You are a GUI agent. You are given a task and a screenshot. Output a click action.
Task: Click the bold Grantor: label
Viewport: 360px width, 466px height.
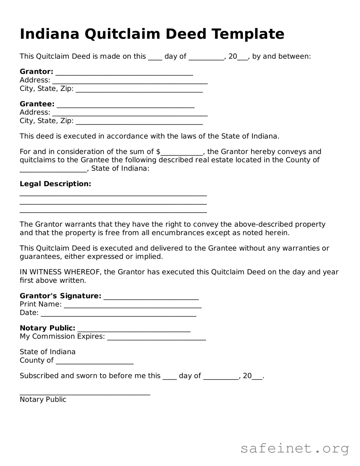36,71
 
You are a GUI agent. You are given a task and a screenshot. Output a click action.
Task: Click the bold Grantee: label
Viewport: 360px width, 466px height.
37,104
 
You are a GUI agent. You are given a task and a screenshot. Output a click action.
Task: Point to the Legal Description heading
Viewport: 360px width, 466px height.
55,184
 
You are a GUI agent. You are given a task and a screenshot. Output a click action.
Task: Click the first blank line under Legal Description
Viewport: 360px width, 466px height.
113,194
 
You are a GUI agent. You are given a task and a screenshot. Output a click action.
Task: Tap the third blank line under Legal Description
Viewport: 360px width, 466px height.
113,211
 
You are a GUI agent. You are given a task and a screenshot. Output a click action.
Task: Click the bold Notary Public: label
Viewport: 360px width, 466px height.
47,328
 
